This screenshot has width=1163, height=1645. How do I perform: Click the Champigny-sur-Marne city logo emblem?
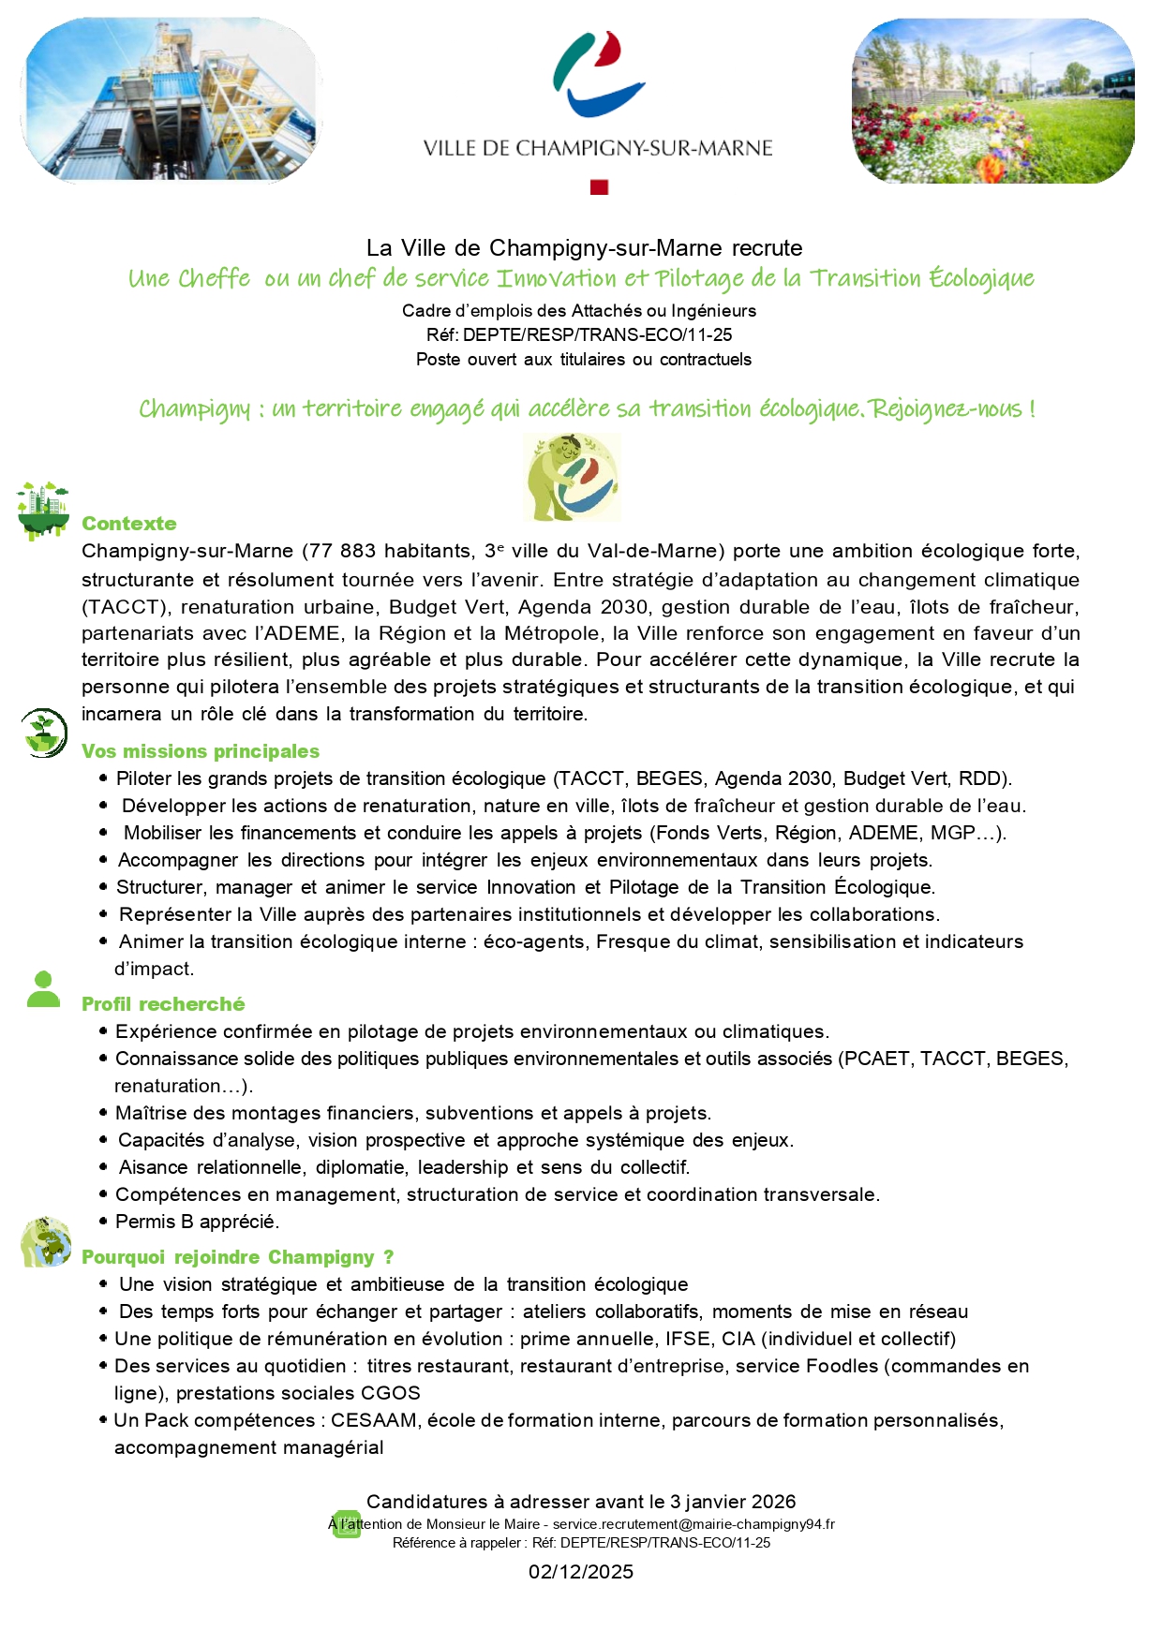click(599, 74)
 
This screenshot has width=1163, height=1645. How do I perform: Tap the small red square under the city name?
click(599, 187)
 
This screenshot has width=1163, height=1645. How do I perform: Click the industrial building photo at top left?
click(171, 99)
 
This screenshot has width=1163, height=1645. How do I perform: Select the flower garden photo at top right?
click(992, 101)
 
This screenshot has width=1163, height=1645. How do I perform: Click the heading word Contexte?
click(128, 524)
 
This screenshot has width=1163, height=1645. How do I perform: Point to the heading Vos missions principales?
click(200, 751)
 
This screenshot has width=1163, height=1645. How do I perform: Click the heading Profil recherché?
click(163, 1004)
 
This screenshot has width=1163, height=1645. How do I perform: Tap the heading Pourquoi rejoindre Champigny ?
click(237, 1257)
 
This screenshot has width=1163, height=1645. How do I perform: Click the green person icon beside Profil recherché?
click(43, 990)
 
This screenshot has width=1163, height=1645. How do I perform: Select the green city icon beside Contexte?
click(43, 510)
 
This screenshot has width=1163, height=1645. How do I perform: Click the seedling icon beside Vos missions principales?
click(44, 733)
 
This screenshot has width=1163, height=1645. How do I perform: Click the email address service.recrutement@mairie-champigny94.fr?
click(693, 1524)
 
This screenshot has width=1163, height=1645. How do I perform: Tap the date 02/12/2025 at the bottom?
click(581, 1572)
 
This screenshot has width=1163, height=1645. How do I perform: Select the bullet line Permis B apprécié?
click(197, 1222)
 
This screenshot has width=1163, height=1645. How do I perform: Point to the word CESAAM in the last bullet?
click(374, 1420)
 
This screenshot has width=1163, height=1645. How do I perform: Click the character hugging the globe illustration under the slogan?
click(572, 478)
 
